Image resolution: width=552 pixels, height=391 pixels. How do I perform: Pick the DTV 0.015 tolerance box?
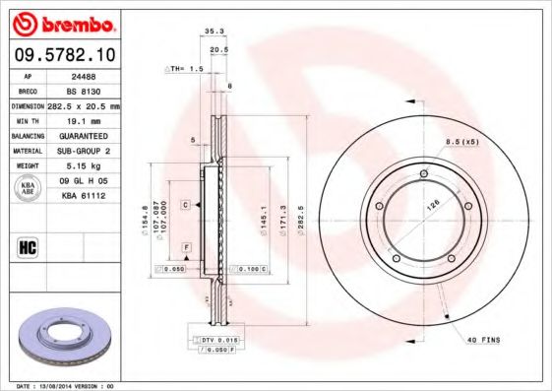pos(221,339)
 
